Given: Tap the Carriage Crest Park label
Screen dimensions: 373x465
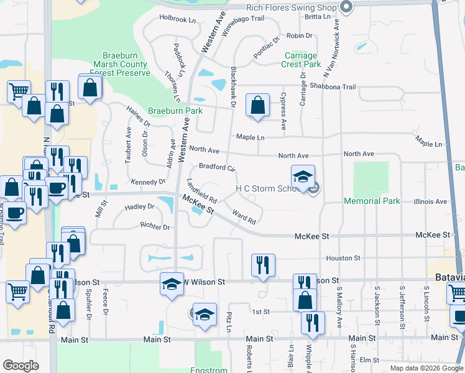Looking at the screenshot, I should tap(301, 60).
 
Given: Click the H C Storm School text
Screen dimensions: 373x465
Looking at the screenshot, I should tap(269, 188).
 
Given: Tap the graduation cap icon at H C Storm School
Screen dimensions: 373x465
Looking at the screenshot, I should tap(303, 177).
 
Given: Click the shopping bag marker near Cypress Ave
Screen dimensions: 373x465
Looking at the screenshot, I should tap(257, 106).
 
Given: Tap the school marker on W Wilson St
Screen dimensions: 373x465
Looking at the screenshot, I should tap(173, 283).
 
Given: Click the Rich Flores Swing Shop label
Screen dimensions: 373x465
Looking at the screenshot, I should tap(291, 7).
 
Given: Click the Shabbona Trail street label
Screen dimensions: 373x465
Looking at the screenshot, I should tap(333, 87).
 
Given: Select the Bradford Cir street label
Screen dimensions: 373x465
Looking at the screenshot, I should tap(217, 167).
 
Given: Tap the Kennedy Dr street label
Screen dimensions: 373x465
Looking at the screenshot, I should tap(148, 182).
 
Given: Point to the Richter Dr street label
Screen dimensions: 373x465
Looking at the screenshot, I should tap(155, 228).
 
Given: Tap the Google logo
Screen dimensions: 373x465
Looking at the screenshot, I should tap(21, 366).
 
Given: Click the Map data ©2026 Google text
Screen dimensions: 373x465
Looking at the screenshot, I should tap(426, 368).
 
